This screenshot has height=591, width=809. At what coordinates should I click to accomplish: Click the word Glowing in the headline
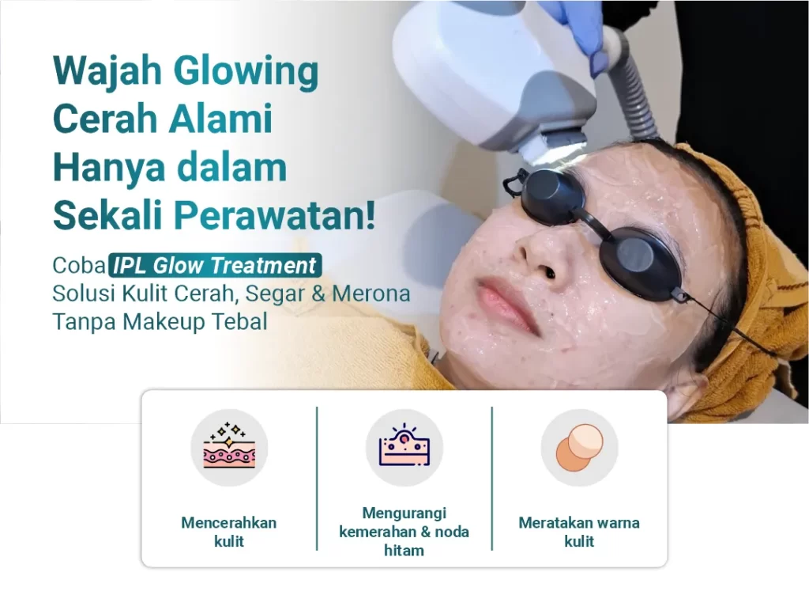click(x=246, y=72)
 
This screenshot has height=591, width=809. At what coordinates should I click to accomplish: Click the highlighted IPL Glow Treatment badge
click(x=215, y=265)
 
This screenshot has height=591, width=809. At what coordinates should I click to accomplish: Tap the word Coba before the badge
click(x=79, y=266)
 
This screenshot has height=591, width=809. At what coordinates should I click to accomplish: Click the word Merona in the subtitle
click(x=371, y=294)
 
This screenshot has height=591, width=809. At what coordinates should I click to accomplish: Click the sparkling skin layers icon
click(x=229, y=447)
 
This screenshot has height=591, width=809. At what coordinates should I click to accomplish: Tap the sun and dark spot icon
click(x=404, y=447)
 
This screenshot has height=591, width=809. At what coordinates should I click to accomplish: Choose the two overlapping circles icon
click(x=579, y=447)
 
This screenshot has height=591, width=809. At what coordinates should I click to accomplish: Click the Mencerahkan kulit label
click(x=229, y=532)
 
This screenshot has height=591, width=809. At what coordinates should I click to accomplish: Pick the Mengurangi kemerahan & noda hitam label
click(x=404, y=532)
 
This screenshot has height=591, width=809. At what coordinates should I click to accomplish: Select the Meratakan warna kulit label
click(x=579, y=532)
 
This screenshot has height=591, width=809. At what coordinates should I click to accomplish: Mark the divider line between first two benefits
click(x=317, y=479)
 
